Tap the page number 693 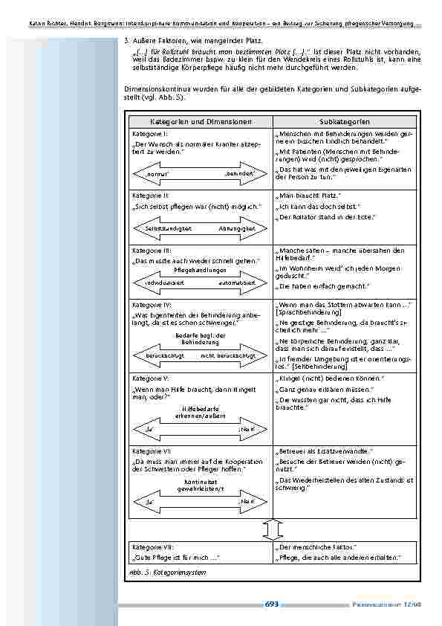pyautogui.click(x=271, y=605)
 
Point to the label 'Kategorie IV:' pyautogui.click(x=151, y=306)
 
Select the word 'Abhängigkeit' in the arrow pyautogui.click(x=236, y=228)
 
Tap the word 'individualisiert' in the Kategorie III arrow pyautogui.click(x=164, y=283)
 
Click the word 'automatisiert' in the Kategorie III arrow pyautogui.click(x=237, y=283)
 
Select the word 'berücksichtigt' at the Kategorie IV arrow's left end pyautogui.click(x=163, y=355)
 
